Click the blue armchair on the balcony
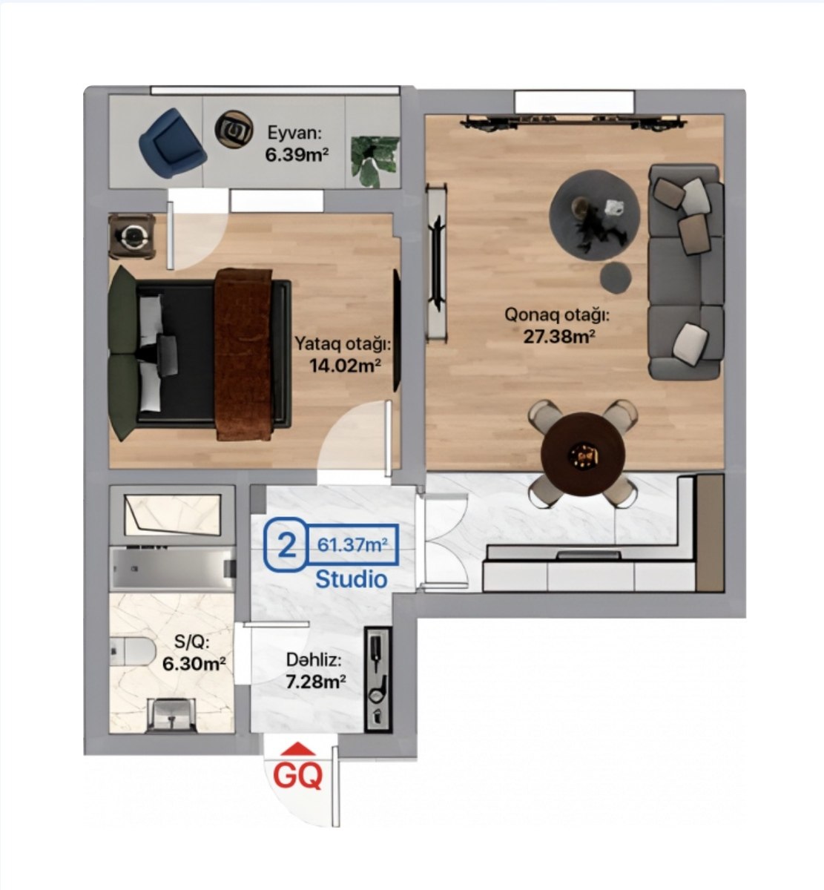tap(172, 142)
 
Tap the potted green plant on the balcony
tap(375, 162)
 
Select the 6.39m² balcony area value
tap(297, 155)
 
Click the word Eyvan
tap(295, 133)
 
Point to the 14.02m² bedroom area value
tap(345, 366)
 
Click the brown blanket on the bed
tap(244, 354)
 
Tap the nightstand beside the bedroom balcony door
tap(132, 236)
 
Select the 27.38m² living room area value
tap(559, 336)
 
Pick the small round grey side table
tap(616, 278)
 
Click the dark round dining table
tap(583, 454)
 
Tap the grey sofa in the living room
tap(686, 272)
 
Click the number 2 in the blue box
tap(287, 545)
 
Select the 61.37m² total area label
tap(353, 545)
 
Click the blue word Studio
tap(352, 579)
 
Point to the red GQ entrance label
tap(297, 776)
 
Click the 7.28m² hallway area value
tap(316, 682)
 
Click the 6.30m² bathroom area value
tap(194, 664)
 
